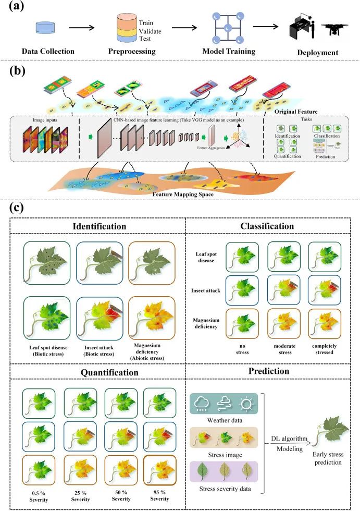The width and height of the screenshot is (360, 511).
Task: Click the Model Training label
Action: pos(230,52)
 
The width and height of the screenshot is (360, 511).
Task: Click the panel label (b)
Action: pos(20,72)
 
